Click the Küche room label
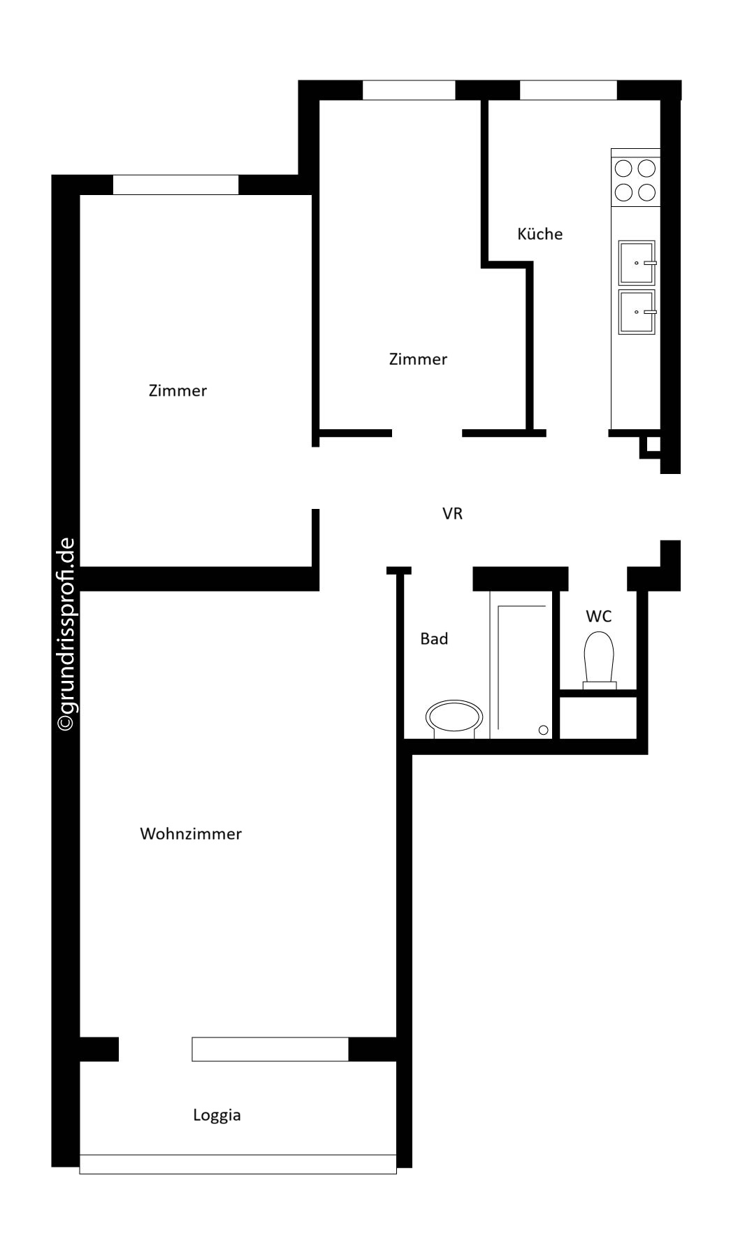540,233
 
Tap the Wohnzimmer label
191,833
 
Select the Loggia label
217,1115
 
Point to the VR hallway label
452,514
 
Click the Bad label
434,638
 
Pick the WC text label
598,616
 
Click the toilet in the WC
599,660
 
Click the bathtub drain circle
544,731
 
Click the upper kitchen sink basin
637,263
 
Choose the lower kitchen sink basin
637,312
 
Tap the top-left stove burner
623,168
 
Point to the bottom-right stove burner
647,192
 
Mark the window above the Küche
568,90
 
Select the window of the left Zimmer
175,185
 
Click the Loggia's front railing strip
238,1164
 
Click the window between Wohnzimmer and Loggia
270,1049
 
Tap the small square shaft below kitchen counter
651,445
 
